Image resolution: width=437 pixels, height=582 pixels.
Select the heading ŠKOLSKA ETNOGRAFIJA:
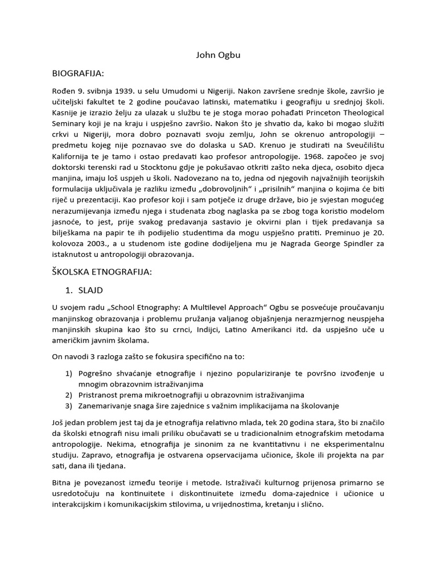[x=102, y=272]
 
